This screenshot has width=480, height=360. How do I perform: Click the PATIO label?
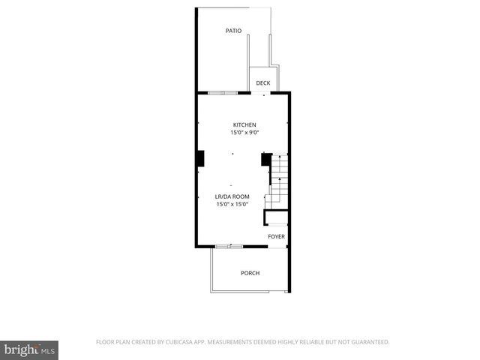[233, 31]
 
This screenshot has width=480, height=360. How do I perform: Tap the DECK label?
[262, 83]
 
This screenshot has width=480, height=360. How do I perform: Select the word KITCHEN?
[244, 124]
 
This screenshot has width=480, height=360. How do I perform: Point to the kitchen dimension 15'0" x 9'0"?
[244, 133]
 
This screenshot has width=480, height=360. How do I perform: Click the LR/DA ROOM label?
[232, 196]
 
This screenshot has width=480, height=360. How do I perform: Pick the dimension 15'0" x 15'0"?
[232, 204]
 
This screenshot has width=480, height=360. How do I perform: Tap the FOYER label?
[277, 237]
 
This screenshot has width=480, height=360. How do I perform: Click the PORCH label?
[250, 273]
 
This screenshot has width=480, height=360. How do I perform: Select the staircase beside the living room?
[279, 180]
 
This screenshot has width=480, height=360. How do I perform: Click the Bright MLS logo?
[30, 349]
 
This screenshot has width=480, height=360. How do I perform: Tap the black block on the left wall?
[200, 158]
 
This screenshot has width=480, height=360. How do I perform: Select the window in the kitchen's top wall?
[223, 92]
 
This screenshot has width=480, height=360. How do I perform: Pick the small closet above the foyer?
[276, 217]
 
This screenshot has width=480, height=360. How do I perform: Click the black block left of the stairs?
[265, 159]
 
